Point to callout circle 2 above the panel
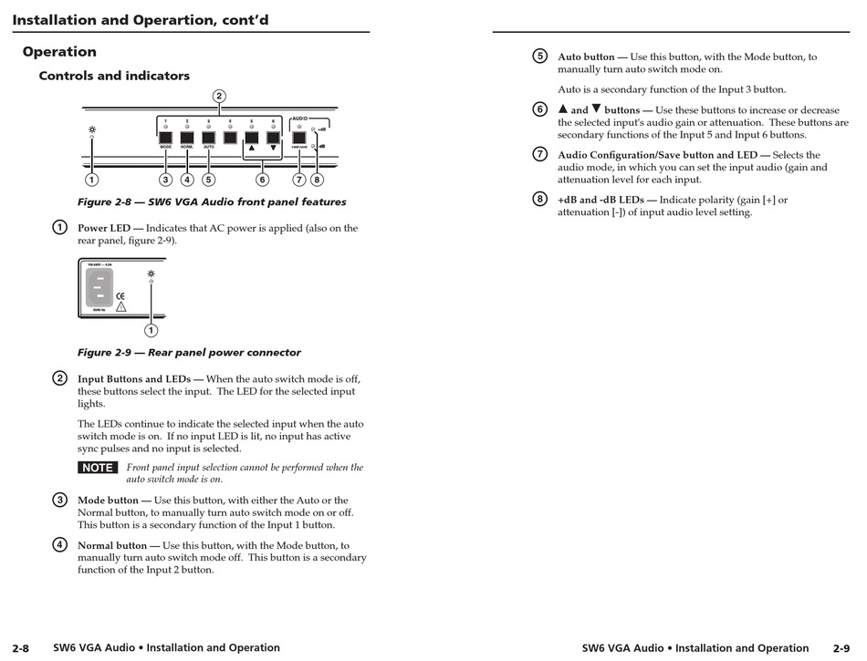pos(219,96)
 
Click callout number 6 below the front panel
pos(262,180)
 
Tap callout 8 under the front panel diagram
pos(318,180)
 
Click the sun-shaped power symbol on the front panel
pos(91,129)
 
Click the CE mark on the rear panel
pos(120,296)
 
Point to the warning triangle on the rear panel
pos(120,308)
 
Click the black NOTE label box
pos(97,468)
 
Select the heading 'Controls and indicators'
pos(114,76)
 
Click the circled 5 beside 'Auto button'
pos(540,57)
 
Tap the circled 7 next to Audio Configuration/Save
pos(540,154)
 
